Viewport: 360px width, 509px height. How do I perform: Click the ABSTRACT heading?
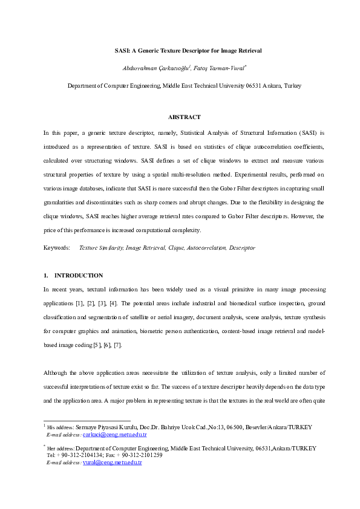coord(184,117)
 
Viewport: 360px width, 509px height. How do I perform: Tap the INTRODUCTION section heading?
coord(79,275)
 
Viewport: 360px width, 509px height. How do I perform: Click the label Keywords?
coord(56,248)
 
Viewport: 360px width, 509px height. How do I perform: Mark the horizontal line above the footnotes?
coord(87,420)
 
